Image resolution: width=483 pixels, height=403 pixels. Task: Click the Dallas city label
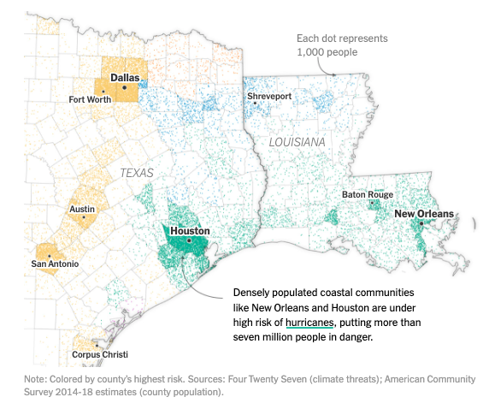[125, 77]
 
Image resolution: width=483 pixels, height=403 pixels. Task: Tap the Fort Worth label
[90, 99]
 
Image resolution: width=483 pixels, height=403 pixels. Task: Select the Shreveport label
[269, 97]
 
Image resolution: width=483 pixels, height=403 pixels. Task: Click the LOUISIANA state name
[297, 141]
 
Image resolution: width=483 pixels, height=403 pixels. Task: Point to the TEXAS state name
[136, 172]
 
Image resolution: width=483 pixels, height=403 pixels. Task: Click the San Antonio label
[55, 264]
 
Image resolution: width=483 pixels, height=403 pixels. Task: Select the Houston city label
[190, 231]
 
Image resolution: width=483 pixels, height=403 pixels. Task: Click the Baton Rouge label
[368, 195]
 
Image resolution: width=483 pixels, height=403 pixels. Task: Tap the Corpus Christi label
[99, 355]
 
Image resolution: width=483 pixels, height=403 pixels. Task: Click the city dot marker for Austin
[83, 217]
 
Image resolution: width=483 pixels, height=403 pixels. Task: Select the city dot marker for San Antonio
[50, 255]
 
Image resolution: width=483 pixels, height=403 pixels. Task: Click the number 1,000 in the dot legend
[312, 53]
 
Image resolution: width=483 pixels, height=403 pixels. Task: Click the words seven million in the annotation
[266, 336]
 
